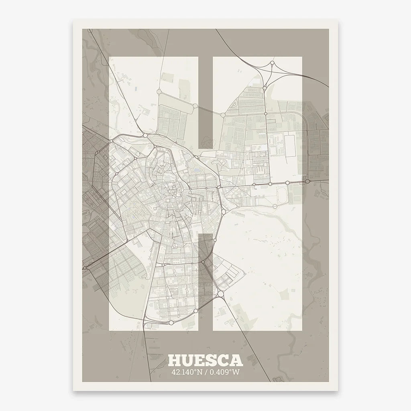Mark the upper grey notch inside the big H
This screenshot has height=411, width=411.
(205, 102)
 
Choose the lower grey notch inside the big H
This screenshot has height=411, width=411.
(205, 281)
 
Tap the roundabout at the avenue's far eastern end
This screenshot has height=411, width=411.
(307, 181)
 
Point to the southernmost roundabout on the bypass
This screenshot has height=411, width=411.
(171, 322)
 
